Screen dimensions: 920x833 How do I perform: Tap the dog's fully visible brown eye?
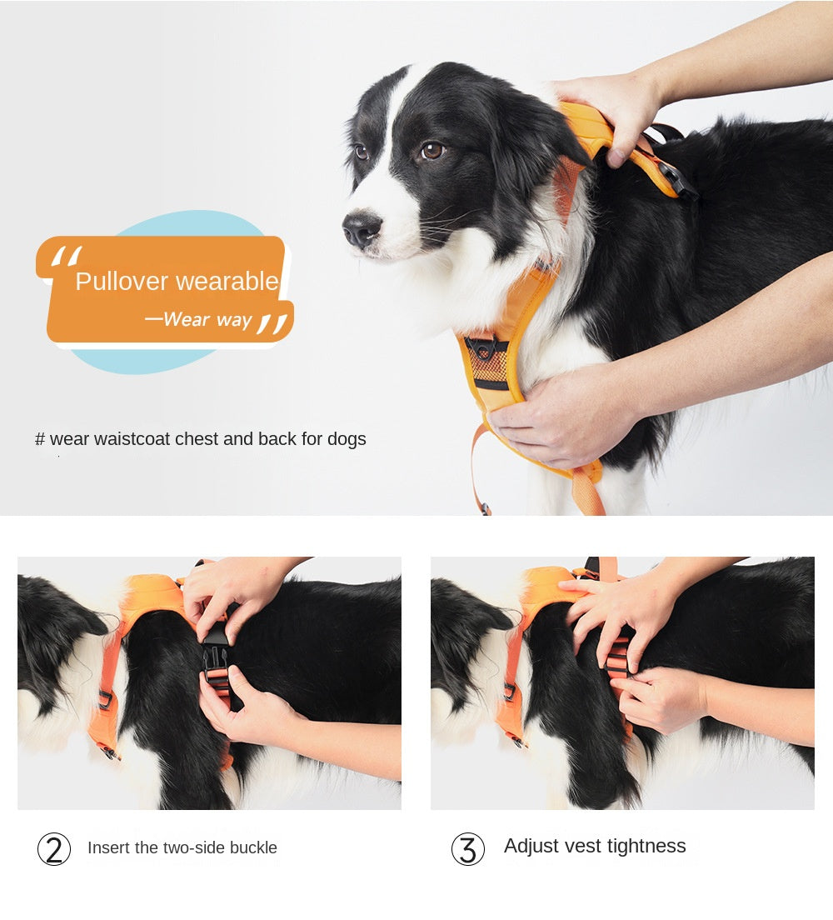(x=431, y=151)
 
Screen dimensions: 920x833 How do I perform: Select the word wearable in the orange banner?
(x=227, y=282)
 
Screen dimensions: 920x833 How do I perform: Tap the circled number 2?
(x=54, y=849)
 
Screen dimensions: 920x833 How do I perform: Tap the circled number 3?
(x=467, y=849)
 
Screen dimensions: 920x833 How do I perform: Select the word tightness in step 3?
(x=646, y=847)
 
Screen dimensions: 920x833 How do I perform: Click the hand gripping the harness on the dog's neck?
(x=612, y=108)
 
